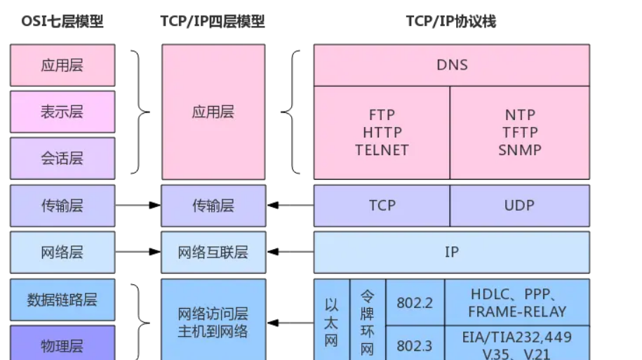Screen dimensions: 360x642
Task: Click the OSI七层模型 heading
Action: pos(62,22)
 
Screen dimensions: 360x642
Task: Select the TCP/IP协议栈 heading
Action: pos(450,22)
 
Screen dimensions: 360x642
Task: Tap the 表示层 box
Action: pos(62,112)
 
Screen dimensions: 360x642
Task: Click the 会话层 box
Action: pos(62,158)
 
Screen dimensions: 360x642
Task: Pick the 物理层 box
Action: pos(62,345)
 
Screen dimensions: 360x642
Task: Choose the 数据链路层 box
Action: pos(62,300)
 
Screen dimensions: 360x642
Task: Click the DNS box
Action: pos(451,65)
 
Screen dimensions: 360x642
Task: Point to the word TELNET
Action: pos(382,149)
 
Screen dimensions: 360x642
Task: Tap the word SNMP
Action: pos(520,149)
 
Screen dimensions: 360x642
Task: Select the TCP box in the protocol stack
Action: pos(382,206)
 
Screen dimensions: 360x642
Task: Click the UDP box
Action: pos(519,206)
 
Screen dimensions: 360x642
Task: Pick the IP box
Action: pos(451,252)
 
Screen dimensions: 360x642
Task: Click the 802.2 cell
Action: pos(414,302)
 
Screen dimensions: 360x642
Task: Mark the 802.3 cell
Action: pos(414,345)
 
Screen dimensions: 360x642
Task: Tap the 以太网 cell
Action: pos(332,323)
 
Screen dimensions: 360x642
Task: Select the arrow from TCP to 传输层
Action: pos(290,206)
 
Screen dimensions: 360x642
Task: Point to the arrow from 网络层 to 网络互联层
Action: pos(138,252)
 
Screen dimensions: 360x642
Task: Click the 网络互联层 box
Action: pos(213,252)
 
